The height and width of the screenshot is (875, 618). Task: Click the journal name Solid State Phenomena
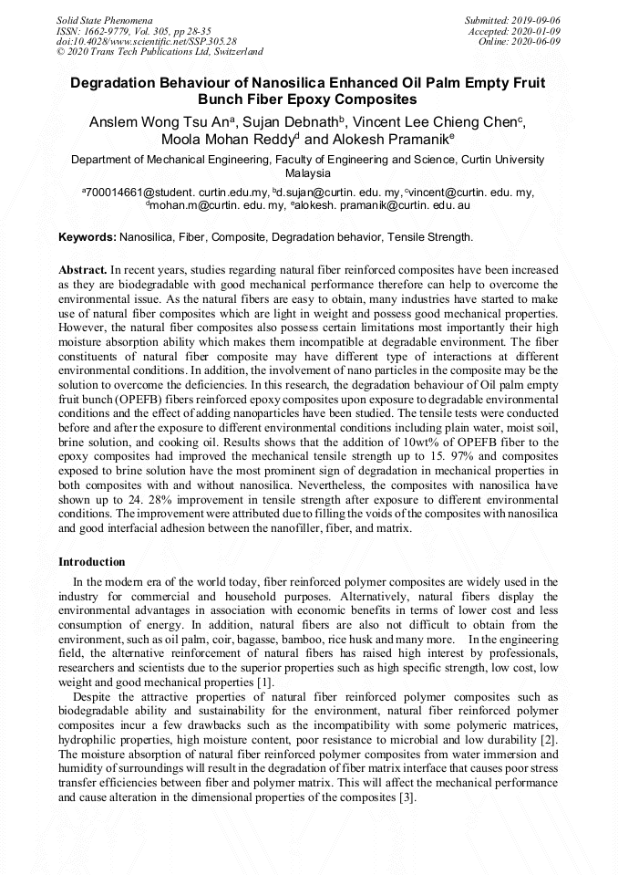click(104, 19)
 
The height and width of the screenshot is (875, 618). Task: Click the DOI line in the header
click(146, 41)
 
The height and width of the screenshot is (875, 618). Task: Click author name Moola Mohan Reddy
click(228, 141)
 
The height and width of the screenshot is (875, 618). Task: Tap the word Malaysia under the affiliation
click(308, 172)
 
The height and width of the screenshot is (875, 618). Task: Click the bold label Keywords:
click(88, 237)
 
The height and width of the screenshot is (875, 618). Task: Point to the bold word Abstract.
click(82, 271)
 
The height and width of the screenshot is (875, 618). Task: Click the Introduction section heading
click(92, 561)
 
